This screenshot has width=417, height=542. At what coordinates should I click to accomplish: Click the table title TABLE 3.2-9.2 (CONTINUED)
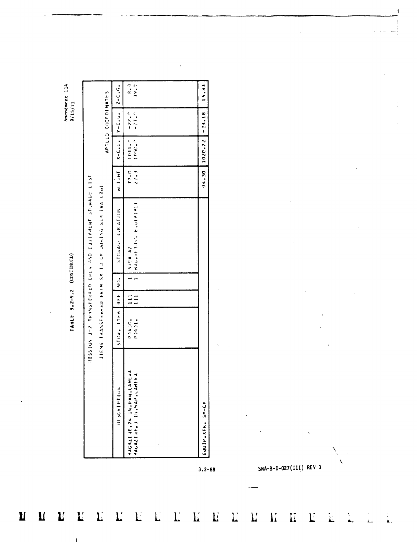pos(72,292)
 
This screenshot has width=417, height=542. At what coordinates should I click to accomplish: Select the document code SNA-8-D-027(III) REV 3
pos(290,468)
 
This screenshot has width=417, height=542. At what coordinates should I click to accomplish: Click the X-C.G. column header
pos(118,151)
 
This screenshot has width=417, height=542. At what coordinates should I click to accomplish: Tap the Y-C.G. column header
pos(118,122)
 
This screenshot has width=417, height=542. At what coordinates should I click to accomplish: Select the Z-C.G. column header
pos(118,94)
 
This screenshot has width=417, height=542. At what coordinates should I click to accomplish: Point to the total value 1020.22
pos(204,151)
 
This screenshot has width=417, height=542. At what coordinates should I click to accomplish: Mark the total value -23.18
pos(204,122)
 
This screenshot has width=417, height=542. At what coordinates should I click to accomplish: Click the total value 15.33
pos(204,94)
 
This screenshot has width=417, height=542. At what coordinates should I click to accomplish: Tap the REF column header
pos(118,299)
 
